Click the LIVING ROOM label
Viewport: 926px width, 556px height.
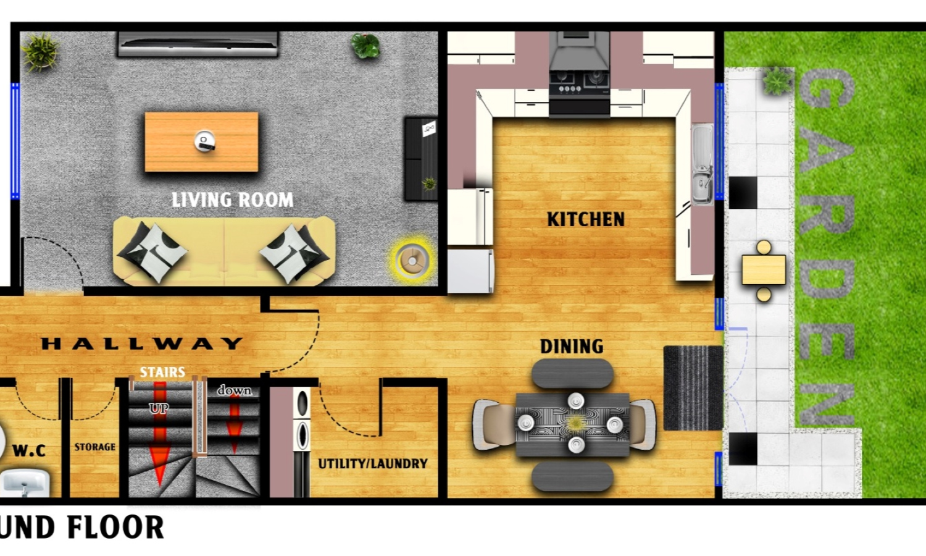[x=232, y=200]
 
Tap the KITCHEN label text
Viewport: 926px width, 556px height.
[x=586, y=219]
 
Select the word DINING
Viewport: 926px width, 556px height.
[x=572, y=347]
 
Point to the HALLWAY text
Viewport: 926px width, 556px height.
[x=142, y=343]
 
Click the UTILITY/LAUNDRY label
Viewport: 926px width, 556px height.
[x=373, y=464]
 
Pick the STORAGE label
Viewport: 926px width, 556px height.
[x=94, y=447]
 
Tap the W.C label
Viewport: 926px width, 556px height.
[x=29, y=450]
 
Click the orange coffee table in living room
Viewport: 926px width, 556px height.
[x=202, y=142]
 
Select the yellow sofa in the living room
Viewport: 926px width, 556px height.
[x=224, y=251]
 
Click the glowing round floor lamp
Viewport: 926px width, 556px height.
[x=412, y=260]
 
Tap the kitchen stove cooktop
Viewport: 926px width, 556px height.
[x=579, y=82]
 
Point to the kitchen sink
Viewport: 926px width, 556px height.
[x=703, y=165]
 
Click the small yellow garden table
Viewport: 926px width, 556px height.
[x=764, y=270]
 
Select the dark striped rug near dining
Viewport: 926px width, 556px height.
[x=693, y=389]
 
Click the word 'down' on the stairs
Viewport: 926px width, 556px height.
[x=235, y=390]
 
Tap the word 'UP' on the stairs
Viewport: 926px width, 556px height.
[x=159, y=408]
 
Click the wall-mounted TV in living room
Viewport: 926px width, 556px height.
[x=198, y=44]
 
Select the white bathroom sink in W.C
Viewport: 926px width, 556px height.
[x=25, y=482]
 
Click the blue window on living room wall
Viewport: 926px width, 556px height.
[x=15, y=141]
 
